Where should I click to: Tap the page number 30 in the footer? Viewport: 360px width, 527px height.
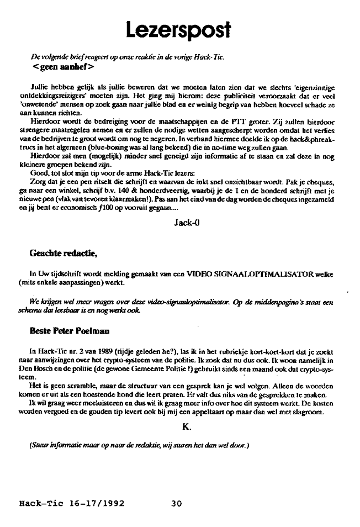[176, 504]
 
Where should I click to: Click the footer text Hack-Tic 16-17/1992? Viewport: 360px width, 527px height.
[72, 504]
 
